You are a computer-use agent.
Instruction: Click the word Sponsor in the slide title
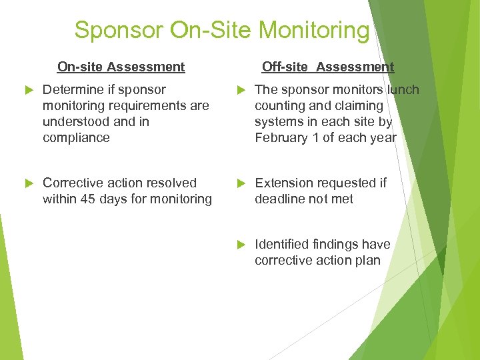119,30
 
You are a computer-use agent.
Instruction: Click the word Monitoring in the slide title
314,30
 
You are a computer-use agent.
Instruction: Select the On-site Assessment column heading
121,67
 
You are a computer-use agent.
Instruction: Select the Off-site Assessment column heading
328,67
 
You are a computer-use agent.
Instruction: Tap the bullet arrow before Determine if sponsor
27,90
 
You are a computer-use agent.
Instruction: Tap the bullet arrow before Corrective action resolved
27,183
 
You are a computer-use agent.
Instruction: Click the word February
281,138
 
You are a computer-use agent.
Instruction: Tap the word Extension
284,183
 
